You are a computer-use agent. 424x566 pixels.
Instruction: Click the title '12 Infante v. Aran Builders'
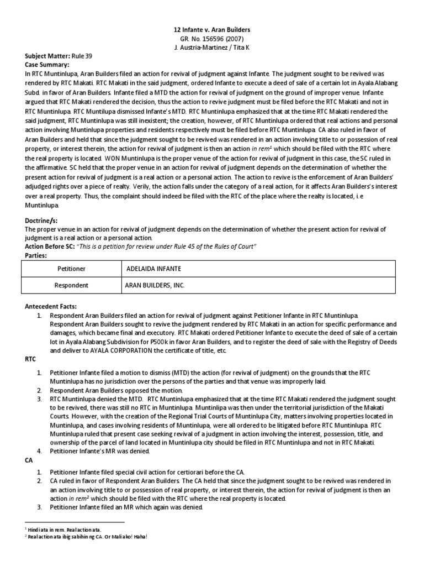pyautogui.click(x=212, y=29)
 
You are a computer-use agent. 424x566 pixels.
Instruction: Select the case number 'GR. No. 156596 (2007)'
pyautogui.click(x=212, y=38)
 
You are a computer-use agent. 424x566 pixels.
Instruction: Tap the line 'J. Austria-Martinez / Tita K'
pyautogui.click(x=212, y=47)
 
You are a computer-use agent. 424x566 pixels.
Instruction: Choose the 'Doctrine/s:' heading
pyautogui.click(x=41, y=219)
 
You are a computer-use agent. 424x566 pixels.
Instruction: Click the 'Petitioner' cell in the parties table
pyautogui.click(x=72, y=269)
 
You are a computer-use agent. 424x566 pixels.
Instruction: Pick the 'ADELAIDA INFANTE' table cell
pyautogui.click(x=153, y=269)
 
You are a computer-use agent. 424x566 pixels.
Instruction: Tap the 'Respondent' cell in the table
pyautogui.click(x=72, y=285)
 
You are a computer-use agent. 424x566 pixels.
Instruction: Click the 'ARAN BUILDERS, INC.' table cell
pyautogui.click(x=155, y=285)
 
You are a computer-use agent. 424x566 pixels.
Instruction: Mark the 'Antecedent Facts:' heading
pyautogui.click(x=51, y=306)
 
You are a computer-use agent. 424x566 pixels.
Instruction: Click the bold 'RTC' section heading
pyautogui.click(x=30, y=359)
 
